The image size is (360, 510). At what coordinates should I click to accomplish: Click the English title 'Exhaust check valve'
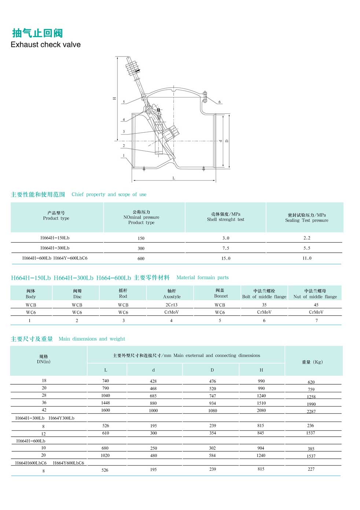coord(45,45)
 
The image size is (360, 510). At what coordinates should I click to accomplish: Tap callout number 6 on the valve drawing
coord(220,102)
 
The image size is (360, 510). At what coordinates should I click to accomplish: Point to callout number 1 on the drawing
coord(124,155)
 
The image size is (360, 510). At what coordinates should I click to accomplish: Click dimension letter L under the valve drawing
coord(174,178)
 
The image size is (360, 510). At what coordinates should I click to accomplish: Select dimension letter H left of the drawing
coord(114,98)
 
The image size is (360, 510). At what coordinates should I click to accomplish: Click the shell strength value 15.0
coord(226,258)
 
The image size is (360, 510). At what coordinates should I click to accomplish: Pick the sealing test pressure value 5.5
coord(307,248)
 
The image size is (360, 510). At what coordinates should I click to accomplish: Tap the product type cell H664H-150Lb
coord(55,238)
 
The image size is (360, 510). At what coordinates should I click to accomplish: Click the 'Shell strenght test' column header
coord(225,220)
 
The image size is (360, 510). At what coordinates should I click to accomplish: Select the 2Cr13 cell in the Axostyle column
coord(172,305)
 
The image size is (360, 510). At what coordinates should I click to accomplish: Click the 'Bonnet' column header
coord(221,296)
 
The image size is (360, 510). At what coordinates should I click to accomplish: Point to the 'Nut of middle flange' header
coord(315,297)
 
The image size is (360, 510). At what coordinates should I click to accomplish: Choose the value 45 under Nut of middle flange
coord(316,305)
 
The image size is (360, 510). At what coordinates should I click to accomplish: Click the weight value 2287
coord(311,411)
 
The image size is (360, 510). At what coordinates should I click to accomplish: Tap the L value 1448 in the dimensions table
coord(106,403)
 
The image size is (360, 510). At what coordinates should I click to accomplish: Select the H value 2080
coord(261,410)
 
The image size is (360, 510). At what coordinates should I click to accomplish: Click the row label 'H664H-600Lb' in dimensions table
coord(31,441)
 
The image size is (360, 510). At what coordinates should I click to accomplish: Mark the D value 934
coord(213,403)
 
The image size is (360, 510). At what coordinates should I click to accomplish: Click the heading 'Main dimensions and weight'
coord(92,339)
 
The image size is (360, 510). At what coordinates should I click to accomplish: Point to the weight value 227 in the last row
coord(311,469)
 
